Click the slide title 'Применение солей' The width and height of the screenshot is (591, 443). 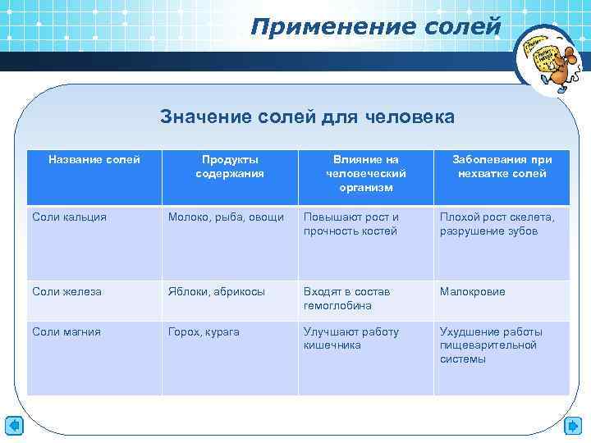click(x=375, y=27)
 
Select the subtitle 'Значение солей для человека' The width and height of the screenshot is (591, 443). click(x=306, y=117)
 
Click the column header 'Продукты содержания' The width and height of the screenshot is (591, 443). click(x=230, y=166)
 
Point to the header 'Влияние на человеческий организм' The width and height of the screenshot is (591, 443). click(x=365, y=173)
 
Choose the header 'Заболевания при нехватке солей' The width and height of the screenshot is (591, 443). click(x=502, y=166)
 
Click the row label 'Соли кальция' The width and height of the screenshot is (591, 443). click(x=69, y=217)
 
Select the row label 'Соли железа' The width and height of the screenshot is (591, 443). click(x=66, y=291)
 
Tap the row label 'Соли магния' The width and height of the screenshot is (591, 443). click(x=66, y=331)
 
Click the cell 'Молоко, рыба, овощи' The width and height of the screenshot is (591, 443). click(x=226, y=217)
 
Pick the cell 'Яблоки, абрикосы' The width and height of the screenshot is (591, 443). click(x=217, y=291)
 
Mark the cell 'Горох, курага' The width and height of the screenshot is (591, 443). click(x=204, y=331)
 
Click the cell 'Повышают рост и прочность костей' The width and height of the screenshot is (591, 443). click(x=351, y=224)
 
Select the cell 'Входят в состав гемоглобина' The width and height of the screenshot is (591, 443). click(x=347, y=298)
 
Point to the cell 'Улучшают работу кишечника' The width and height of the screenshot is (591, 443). click(x=351, y=338)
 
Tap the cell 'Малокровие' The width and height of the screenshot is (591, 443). click(x=473, y=291)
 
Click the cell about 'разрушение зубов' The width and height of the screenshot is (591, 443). click(x=497, y=224)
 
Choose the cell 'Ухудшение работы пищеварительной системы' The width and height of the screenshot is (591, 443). click(x=491, y=345)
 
